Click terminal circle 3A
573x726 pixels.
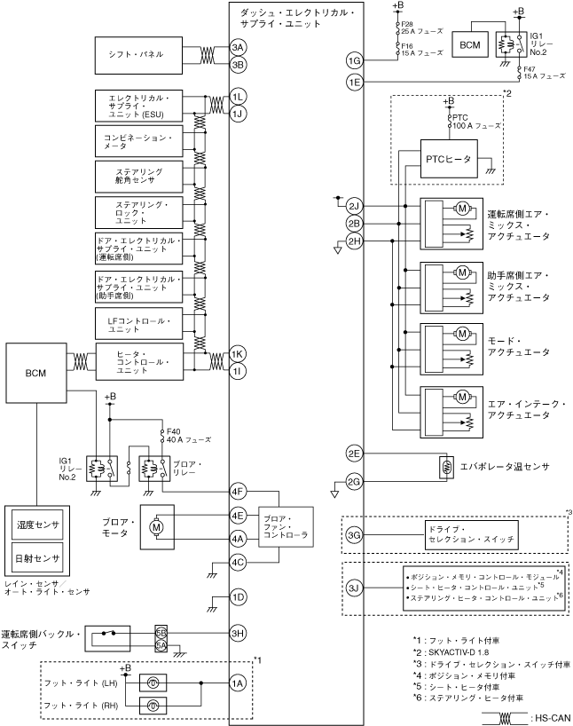pos(238,47)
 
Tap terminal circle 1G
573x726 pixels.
pos(355,60)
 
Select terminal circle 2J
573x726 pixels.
pos(355,206)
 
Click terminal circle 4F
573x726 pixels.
pos(238,492)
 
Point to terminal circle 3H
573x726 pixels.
pos(238,634)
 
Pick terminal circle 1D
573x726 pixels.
pos(238,597)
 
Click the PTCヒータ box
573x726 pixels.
pos(449,159)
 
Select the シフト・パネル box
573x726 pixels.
pos(139,55)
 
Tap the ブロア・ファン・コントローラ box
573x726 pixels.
pos(286,526)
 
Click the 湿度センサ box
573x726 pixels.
pos(37,525)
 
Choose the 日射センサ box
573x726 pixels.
pos(37,558)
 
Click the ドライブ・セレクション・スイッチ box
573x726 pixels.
pos(472,535)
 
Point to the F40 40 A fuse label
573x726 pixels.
pos(188,436)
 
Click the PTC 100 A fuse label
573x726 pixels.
pos(476,122)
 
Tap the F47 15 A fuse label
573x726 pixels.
pos(544,73)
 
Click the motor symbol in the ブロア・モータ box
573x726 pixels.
pos(156,527)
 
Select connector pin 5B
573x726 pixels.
pos(161,633)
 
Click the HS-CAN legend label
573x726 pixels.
pos(553,718)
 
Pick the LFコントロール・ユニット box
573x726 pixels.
pos(139,325)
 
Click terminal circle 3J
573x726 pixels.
pos(355,588)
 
